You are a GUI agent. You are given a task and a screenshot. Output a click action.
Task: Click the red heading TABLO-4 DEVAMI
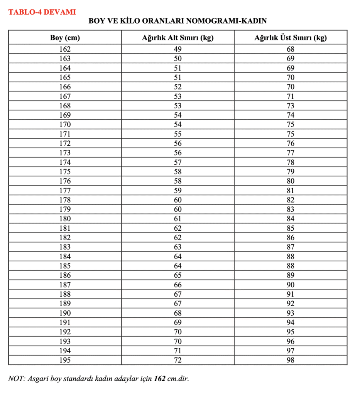point(42,12)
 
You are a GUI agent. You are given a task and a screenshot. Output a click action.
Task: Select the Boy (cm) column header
point(65,38)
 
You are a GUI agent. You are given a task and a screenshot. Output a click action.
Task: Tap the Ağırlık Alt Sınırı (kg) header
point(177,38)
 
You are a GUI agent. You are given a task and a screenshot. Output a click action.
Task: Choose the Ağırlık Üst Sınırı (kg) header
point(290,38)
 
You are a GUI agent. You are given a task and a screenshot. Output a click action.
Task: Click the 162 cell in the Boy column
point(65,49)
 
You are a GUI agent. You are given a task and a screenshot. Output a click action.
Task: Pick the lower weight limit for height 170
point(177,125)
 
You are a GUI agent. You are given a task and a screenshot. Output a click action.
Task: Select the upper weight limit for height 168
point(290,106)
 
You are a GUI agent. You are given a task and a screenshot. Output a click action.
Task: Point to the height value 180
point(65,219)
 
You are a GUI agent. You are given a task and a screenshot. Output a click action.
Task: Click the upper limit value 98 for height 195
point(290,360)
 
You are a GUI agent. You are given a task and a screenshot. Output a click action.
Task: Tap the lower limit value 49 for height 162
point(177,49)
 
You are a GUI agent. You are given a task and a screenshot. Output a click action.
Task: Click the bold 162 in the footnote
point(160,378)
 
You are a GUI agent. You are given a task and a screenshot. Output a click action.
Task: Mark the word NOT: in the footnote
point(17,378)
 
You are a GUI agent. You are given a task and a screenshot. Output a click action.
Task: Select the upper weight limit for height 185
point(290,266)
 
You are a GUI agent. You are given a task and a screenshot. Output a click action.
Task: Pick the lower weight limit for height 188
point(177,294)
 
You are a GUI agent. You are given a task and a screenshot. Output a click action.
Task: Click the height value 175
point(65,172)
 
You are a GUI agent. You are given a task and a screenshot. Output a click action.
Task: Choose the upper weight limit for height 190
point(290,313)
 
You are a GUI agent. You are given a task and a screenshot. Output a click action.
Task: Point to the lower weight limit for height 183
point(177,247)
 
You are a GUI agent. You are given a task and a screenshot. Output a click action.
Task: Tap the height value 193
point(65,341)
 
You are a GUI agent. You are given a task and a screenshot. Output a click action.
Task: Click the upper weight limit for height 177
point(290,191)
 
